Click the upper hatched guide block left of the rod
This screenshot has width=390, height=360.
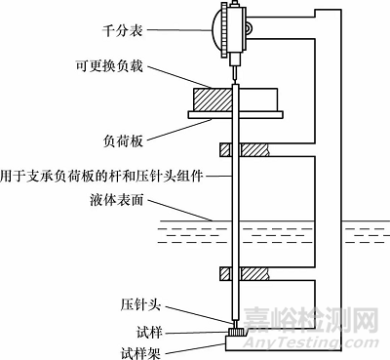pyautogui.click(x=225, y=151)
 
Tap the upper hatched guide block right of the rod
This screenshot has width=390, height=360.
pyautogui.click(x=255, y=151)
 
